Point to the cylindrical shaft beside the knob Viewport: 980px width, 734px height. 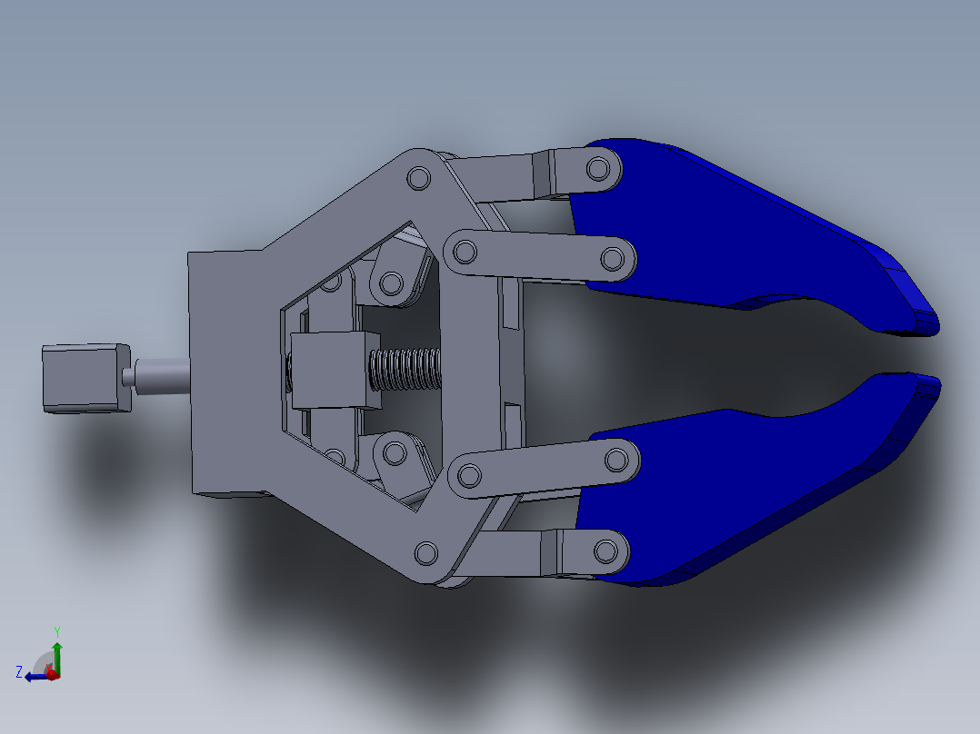tap(162, 373)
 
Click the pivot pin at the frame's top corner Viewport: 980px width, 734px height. tap(418, 178)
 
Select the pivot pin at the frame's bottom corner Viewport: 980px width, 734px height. tap(425, 551)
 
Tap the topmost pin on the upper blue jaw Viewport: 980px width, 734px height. tap(599, 168)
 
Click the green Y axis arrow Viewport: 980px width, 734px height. tap(57, 650)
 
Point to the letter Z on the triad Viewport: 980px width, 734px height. tap(19, 672)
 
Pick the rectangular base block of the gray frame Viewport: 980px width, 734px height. tap(227, 372)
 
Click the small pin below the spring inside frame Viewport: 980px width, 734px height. tap(395, 451)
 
